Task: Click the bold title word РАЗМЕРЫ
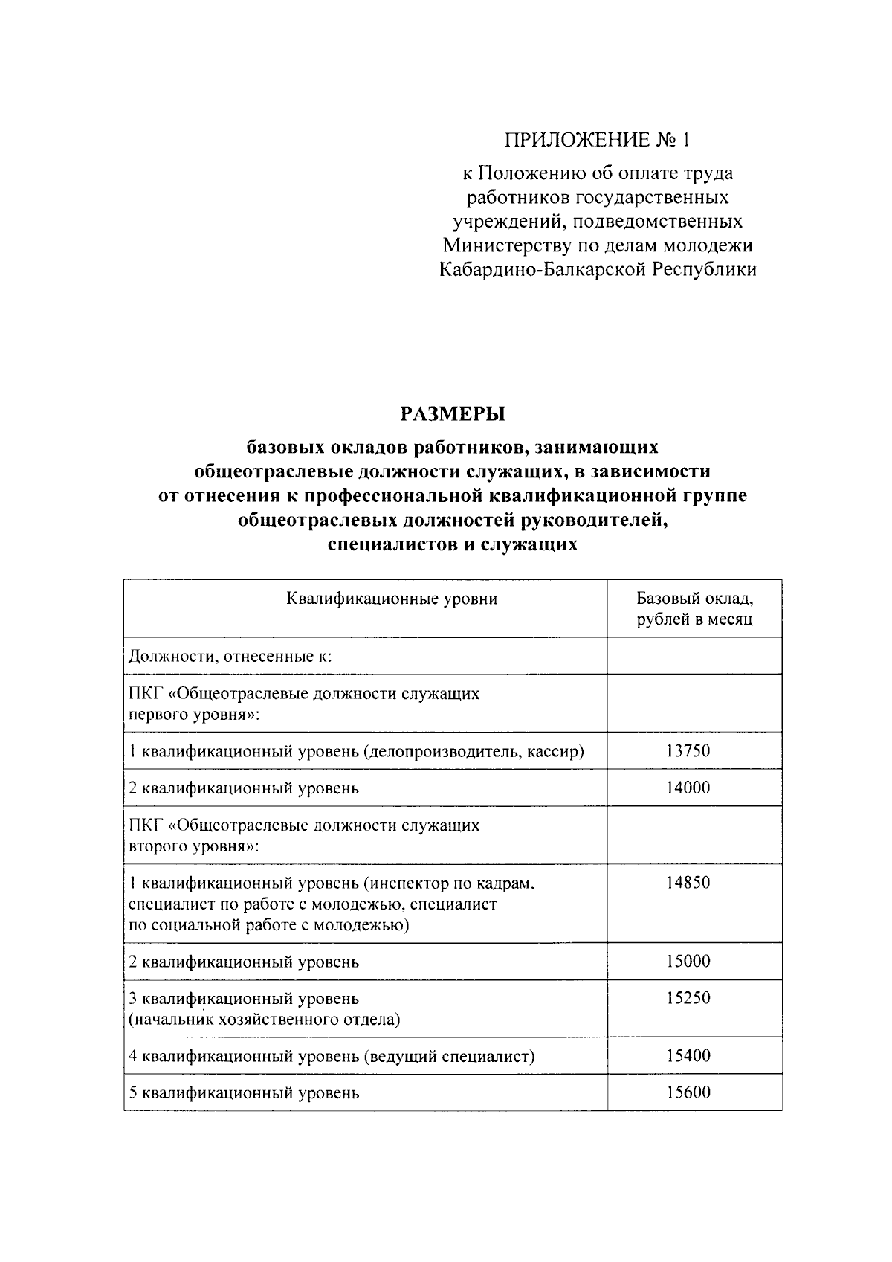pyautogui.click(x=453, y=413)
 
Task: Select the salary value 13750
pyautogui.click(x=688, y=750)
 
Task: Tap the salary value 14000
pyautogui.click(x=688, y=788)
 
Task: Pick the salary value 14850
pyautogui.click(x=688, y=883)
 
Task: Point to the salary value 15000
pyautogui.click(x=688, y=961)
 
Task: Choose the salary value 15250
pyautogui.click(x=688, y=998)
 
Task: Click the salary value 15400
pyautogui.click(x=688, y=1055)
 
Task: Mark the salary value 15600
pyautogui.click(x=688, y=1092)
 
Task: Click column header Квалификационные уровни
pyautogui.click(x=392, y=599)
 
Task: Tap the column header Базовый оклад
pyautogui.click(x=694, y=599)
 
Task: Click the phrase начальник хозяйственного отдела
pyautogui.click(x=265, y=1020)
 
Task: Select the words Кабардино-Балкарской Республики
pyautogui.click(x=598, y=269)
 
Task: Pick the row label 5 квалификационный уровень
pyautogui.click(x=244, y=1093)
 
